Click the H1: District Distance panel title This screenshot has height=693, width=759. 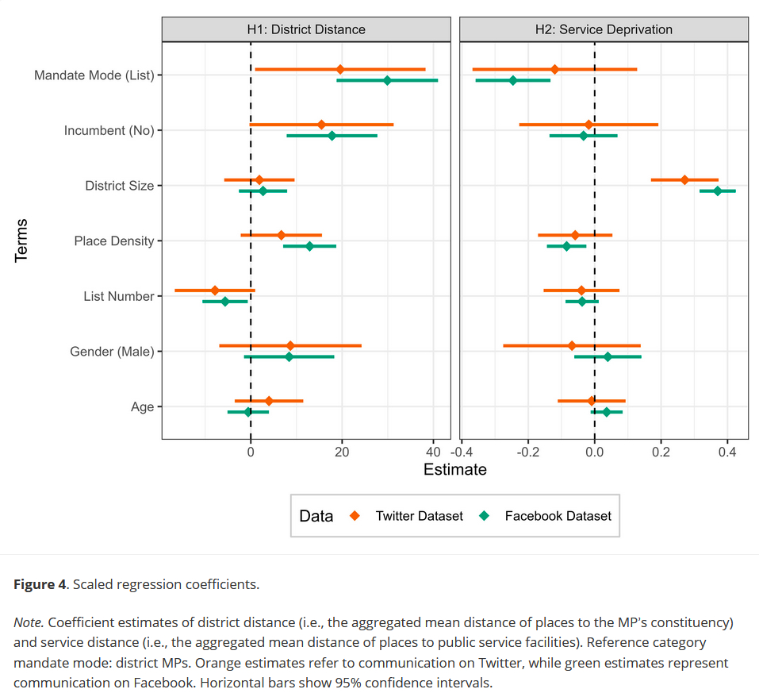(306, 29)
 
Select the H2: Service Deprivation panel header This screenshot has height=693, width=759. (604, 29)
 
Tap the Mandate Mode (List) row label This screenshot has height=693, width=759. (94, 75)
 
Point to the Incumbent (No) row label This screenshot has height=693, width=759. (109, 130)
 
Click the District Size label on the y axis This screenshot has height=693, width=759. (119, 186)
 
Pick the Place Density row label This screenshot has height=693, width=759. (113, 241)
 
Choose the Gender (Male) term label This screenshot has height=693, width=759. (111, 351)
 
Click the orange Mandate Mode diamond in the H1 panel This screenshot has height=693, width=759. (340, 70)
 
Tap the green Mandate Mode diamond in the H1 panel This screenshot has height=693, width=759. (387, 80)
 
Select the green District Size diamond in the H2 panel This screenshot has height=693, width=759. (718, 191)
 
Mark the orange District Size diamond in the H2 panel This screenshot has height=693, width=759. (684, 180)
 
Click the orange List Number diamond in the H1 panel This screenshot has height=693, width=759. (214, 291)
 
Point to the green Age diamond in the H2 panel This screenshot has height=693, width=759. (607, 412)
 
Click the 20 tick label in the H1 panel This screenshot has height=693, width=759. (342, 452)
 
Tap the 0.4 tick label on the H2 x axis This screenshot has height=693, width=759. (727, 452)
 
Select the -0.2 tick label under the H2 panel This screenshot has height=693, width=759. (527, 452)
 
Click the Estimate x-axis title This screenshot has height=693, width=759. (454, 469)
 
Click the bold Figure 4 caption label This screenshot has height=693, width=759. (40, 584)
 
